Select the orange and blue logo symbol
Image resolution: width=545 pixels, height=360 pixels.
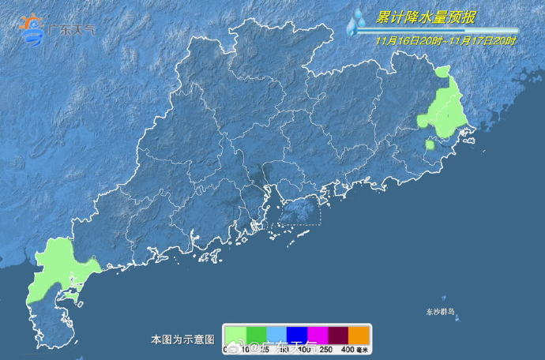32,29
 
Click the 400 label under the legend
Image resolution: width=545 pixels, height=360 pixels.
346,349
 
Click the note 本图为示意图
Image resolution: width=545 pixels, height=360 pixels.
182,339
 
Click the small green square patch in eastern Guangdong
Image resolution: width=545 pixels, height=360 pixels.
430,145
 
